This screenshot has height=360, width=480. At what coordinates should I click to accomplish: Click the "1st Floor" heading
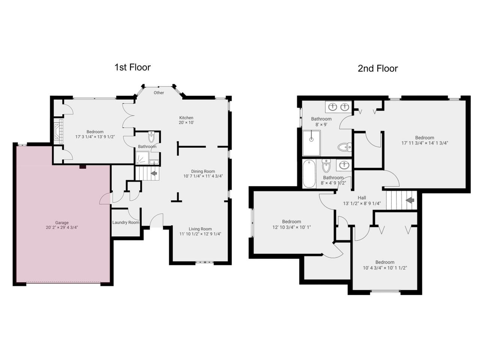click(x=132, y=67)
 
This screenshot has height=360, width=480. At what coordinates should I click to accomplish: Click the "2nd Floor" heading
click(x=378, y=69)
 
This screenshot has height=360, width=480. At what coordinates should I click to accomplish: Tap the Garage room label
click(x=62, y=222)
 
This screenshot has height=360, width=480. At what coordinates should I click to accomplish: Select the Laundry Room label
click(x=126, y=222)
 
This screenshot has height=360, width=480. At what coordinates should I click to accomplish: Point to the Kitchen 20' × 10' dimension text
click(x=186, y=123)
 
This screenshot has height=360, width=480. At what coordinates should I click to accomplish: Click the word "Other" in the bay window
click(x=159, y=93)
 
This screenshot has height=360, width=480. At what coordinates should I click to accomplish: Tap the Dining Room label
click(x=203, y=171)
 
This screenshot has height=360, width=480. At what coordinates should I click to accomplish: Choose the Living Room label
click(x=200, y=229)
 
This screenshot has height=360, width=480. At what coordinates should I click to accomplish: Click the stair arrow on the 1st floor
click(x=154, y=173)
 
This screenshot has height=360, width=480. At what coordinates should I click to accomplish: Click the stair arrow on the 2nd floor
click(x=410, y=200)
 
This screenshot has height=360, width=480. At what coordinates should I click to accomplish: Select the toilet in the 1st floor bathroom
click(x=151, y=137)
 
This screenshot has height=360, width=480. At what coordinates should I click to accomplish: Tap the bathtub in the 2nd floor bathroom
click(x=309, y=174)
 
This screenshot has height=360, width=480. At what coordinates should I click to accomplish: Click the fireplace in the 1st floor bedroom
click(x=58, y=131)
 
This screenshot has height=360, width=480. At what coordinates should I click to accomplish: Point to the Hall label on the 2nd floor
click(x=362, y=198)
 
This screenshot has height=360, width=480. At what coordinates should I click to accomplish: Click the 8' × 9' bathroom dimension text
click(x=321, y=124)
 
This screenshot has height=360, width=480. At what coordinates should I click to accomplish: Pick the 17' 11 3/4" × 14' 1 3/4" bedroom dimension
click(x=424, y=143)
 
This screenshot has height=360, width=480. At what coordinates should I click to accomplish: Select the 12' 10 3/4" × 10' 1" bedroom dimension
click(x=291, y=227)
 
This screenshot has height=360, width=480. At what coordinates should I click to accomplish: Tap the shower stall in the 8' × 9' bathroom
click(x=311, y=143)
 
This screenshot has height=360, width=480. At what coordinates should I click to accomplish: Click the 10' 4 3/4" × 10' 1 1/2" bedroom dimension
click(x=385, y=268)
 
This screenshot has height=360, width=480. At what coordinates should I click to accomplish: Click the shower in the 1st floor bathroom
click(x=142, y=157)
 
